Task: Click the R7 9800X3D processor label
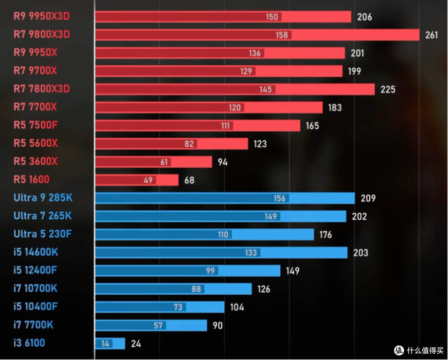coord(42,34)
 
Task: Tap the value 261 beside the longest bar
coord(431,35)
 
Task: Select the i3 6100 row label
coord(29,343)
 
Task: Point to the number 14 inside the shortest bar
coord(105,343)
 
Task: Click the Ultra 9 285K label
coord(43,198)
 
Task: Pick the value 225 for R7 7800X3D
coord(388,90)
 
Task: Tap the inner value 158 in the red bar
coord(282,35)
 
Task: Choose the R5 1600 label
coord(32,179)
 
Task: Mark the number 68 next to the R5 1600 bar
coord(190,180)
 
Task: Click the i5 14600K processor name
coord(36,252)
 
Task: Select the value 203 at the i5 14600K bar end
coord(360,253)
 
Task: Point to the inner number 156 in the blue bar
coord(280,198)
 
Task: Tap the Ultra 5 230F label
coord(43,234)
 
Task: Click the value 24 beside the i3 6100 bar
coord(136,343)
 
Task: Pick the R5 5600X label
coord(36,143)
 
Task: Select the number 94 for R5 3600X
coord(223,162)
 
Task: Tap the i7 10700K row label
coord(35,288)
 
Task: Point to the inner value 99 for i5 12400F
coord(210,271)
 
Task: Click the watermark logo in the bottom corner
coord(399,350)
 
